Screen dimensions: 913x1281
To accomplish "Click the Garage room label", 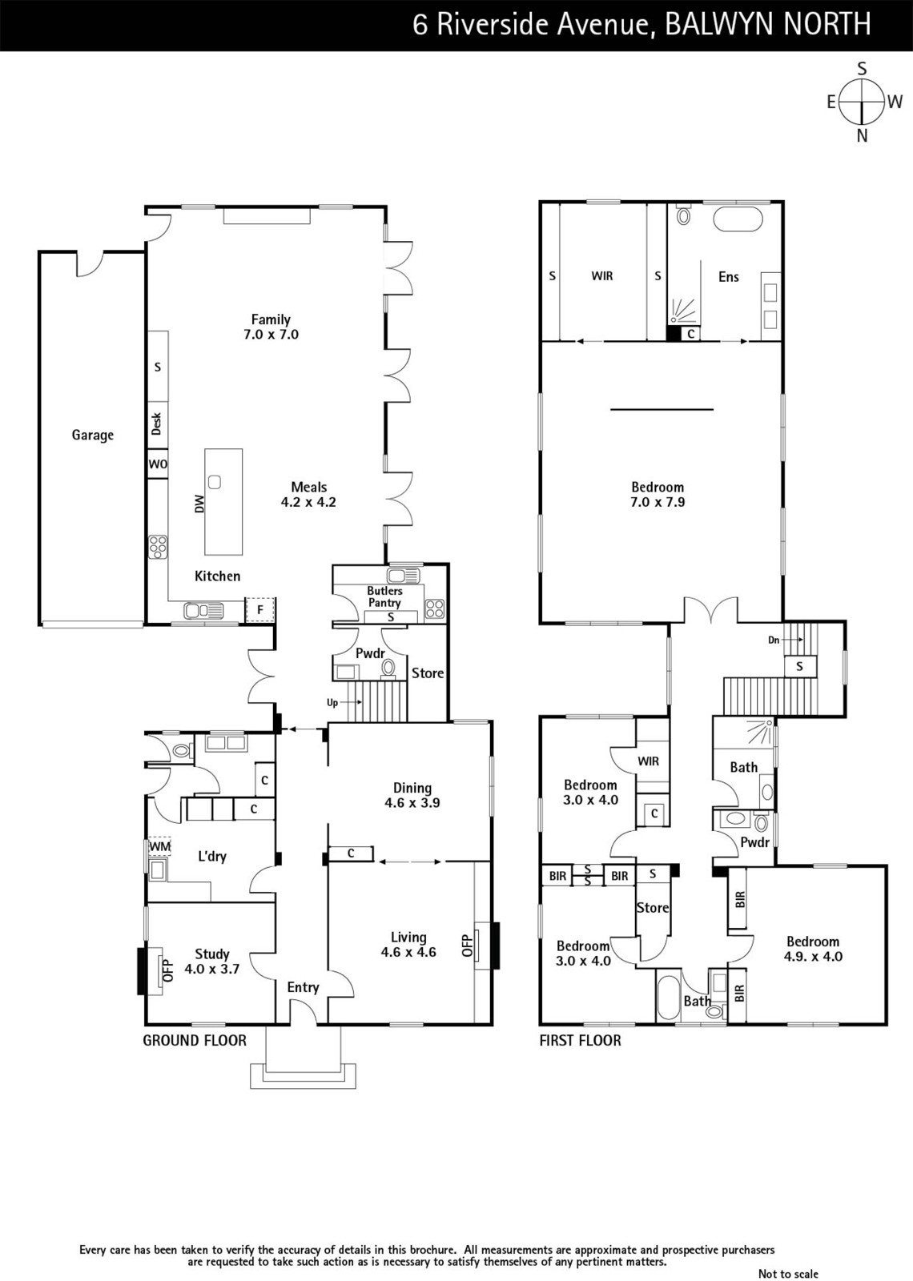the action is (x=93, y=436).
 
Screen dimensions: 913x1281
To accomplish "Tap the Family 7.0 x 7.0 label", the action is (x=271, y=327).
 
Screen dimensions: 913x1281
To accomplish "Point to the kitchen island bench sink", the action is (x=215, y=482).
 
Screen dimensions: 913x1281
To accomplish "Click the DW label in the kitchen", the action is (x=199, y=504).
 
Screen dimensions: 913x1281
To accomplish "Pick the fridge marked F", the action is (x=260, y=609).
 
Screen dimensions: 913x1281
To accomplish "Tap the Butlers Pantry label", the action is (x=384, y=596).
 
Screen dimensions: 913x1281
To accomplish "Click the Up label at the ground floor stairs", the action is (x=332, y=703).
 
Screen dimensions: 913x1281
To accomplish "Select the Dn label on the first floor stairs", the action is (x=774, y=640).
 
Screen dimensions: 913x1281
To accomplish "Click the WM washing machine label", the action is (x=159, y=845).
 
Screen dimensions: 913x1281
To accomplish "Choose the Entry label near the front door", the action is (x=304, y=988).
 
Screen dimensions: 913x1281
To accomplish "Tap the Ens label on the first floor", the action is (x=728, y=277).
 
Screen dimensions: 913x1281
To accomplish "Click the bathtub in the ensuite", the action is (x=738, y=219).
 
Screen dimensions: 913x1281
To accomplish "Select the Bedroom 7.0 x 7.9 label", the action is (x=658, y=495).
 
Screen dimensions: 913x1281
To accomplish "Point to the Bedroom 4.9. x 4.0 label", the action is (x=814, y=950).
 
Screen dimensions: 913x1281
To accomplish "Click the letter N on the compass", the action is (x=862, y=136).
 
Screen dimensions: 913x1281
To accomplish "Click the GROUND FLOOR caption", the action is (x=195, y=1040).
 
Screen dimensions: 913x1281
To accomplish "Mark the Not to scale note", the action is (x=788, y=1274).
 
